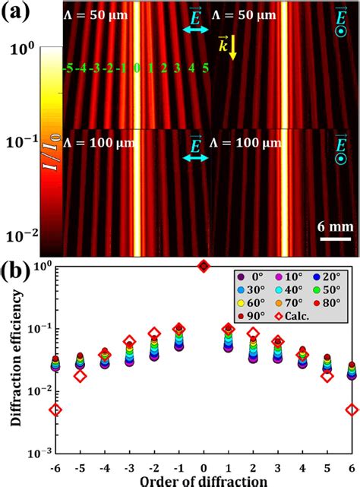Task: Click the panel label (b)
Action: (18, 271)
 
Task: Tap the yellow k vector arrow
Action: (232, 45)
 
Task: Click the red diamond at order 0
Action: (204, 266)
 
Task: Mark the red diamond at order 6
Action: (351, 410)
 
